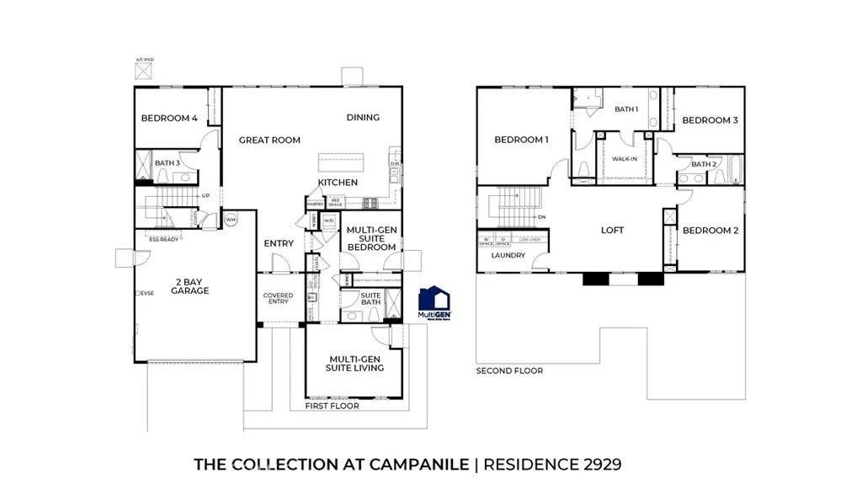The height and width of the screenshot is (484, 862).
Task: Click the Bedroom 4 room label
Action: [x=169, y=119]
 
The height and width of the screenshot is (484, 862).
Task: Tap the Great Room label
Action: [x=269, y=141]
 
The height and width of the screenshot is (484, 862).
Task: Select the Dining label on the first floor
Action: [x=363, y=118]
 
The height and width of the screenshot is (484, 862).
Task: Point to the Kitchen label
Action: [x=338, y=183]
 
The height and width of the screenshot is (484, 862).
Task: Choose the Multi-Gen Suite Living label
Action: [x=355, y=363]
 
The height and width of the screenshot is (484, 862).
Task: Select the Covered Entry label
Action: [x=278, y=298]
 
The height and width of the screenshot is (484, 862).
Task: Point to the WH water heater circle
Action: [x=231, y=221]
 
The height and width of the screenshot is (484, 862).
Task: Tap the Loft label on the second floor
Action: [x=612, y=230]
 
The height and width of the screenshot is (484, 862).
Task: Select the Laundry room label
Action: [x=508, y=255]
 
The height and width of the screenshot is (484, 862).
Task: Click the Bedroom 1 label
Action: [x=521, y=140]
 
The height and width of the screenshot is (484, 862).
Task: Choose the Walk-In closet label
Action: [x=624, y=158]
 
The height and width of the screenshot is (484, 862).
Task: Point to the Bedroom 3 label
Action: [x=710, y=120]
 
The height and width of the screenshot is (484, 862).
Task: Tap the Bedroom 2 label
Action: [x=710, y=231]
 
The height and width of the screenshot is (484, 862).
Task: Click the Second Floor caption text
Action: [x=509, y=370]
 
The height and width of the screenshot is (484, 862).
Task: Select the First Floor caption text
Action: [x=332, y=406]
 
